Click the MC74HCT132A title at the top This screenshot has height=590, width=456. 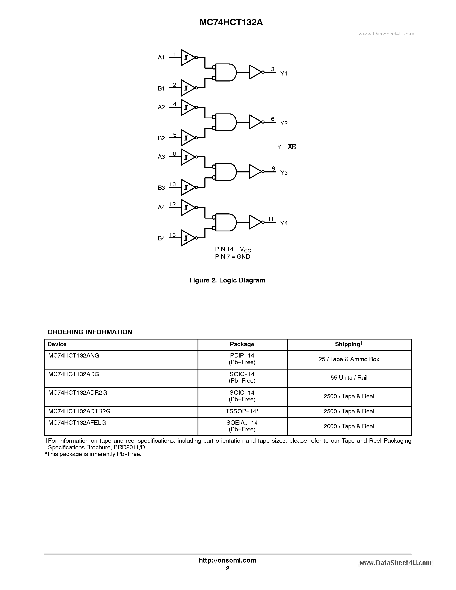pos(231,23)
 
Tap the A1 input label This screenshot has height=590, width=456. pos(161,57)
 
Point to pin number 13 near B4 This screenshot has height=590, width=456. pos(172,235)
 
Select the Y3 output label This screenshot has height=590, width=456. pos(284,173)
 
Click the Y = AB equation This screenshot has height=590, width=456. pos(286,147)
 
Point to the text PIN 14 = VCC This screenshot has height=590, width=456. pos(233,249)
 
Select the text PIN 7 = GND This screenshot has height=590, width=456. pos(232,257)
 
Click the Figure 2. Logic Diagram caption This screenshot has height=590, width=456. pos(227,280)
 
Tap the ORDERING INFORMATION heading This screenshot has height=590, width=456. pos(90,332)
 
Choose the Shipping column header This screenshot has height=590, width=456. pos(349,344)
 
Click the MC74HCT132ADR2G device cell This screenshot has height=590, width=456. pos(77,392)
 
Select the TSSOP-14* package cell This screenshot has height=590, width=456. pos(242,411)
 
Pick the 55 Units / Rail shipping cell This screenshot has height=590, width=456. pos(349,378)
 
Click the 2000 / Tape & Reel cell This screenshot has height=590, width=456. pos(349,426)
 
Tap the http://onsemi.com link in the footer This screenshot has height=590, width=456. pos(227,560)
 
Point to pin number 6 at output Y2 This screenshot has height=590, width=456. pos(273,119)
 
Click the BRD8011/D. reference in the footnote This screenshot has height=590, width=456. pos(130,447)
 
